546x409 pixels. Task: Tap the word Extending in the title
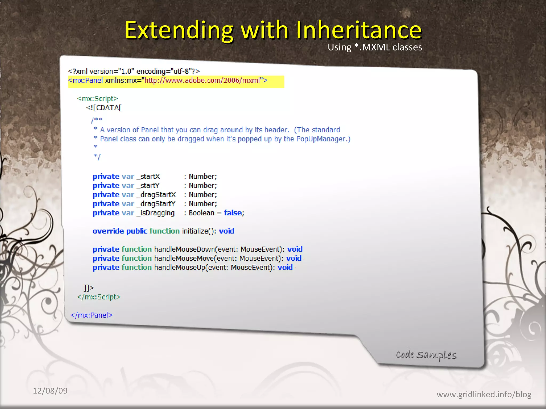click(x=179, y=30)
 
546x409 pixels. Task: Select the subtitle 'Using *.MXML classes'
click(x=375, y=47)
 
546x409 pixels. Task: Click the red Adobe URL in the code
click(x=202, y=80)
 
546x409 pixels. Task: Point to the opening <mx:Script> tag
click(x=97, y=99)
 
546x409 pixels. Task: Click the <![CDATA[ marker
click(x=104, y=108)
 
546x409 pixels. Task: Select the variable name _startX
click(x=148, y=177)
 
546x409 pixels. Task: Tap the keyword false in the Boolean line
click(x=233, y=213)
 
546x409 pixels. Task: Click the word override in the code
click(x=108, y=231)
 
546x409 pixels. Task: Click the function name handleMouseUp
click(x=180, y=267)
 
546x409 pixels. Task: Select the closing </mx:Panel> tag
click(x=91, y=315)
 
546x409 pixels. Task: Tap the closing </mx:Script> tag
click(x=99, y=297)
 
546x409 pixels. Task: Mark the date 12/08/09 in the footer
click(x=50, y=391)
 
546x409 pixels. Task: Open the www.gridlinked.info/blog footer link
click(x=484, y=394)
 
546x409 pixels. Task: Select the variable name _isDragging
click(x=156, y=213)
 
